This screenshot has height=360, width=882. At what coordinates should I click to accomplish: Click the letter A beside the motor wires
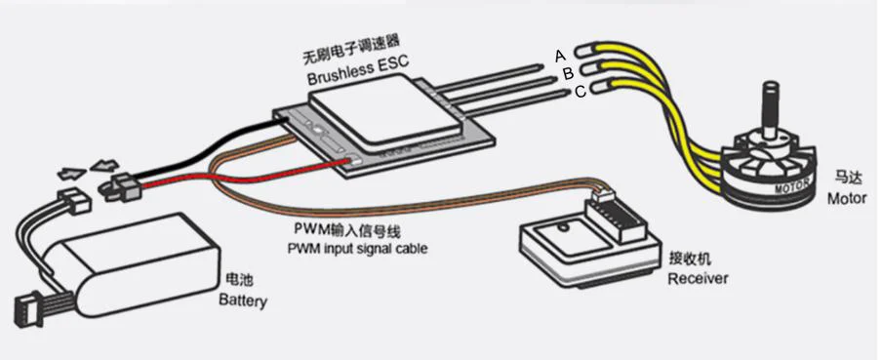pyautogui.click(x=559, y=56)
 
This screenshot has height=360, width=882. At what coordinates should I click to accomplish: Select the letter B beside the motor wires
pyautogui.click(x=568, y=73)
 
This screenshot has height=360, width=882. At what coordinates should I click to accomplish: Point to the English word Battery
pyautogui.click(x=243, y=300)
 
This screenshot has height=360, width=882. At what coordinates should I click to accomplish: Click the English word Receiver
pyautogui.click(x=698, y=278)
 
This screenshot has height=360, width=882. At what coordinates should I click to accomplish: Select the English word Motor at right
pyautogui.click(x=846, y=199)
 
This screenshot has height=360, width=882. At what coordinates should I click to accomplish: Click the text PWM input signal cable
pyautogui.click(x=358, y=248)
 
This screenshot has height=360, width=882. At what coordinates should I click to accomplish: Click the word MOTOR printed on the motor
pyautogui.click(x=792, y=185)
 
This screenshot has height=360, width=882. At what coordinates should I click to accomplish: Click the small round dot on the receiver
pyautogui.click(x=562, y=228)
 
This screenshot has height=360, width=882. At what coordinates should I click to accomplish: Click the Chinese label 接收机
pyautogui.click(x=690, y=259)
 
